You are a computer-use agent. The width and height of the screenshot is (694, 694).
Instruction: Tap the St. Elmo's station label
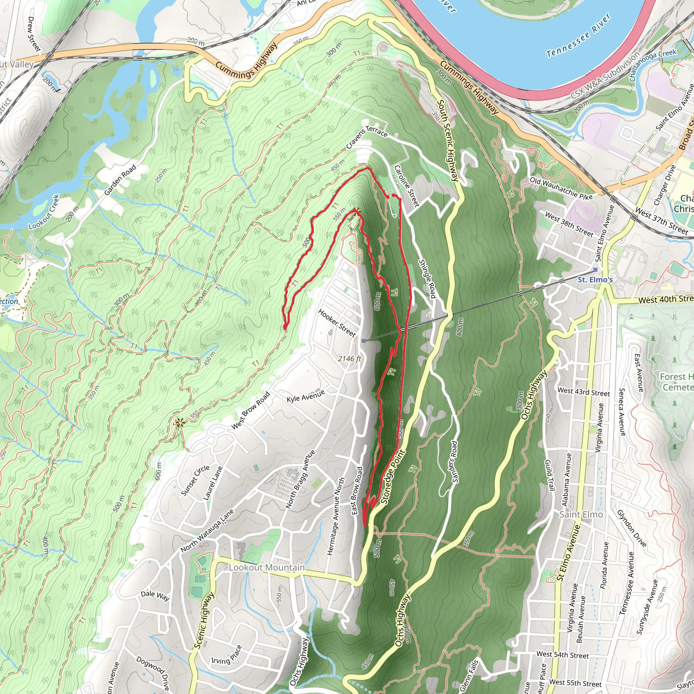click(595, 280)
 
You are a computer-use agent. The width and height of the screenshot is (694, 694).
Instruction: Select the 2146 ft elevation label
click(349, 359)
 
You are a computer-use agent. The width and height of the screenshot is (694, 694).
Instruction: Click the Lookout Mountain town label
click(267, 567)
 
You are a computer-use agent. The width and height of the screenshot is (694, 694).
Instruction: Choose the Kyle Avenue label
click(305, 395)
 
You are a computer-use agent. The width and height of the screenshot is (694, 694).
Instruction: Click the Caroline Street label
click(407, 186)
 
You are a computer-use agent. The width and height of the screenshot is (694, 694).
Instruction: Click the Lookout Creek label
click(44, 212)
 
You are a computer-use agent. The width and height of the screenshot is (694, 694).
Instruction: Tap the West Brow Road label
click(250, 410)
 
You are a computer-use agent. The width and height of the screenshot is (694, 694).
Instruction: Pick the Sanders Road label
click(454, 462)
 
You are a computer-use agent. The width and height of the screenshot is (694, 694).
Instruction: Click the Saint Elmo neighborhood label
click(581, 514)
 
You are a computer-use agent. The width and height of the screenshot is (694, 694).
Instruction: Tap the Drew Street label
click(35, 34)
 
